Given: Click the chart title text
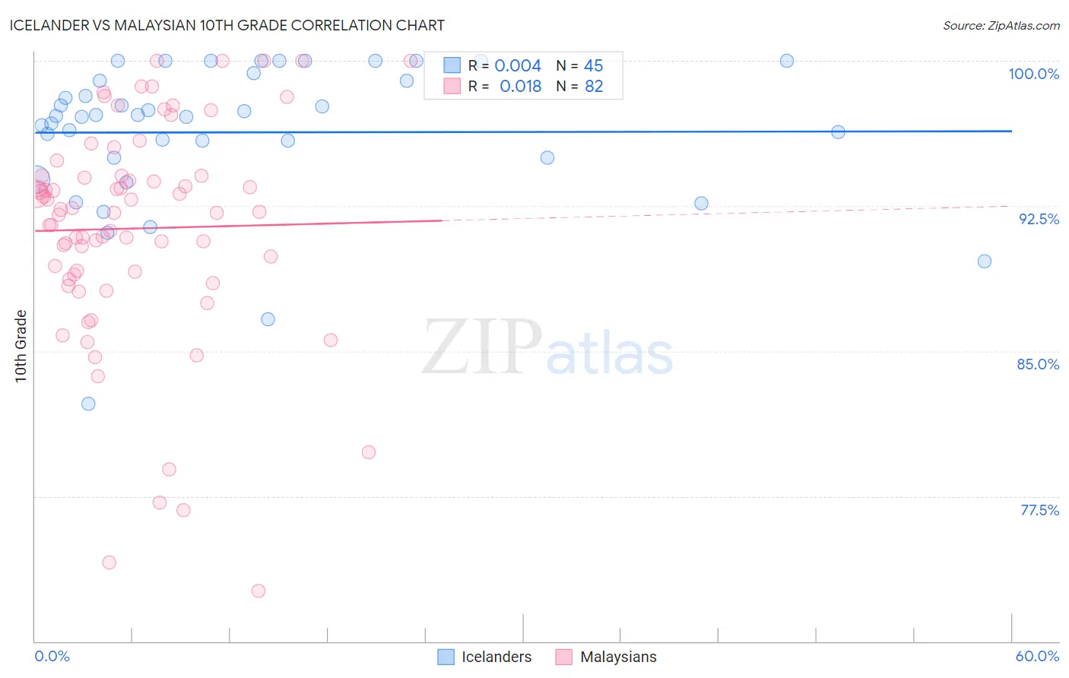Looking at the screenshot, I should pos(227,25).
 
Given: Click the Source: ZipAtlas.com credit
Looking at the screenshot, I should pos(1001,25).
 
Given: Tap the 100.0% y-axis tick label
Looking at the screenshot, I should pos(1033,74).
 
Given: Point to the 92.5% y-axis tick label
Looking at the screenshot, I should pos(1039,219).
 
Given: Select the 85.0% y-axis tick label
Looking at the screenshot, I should pos(1038,364).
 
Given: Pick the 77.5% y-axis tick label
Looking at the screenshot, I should pos(1039,510).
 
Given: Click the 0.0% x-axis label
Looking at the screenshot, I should pos(52,656).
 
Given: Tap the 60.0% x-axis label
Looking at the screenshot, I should pos(1037,656).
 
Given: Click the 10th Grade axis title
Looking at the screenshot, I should pos(21,346).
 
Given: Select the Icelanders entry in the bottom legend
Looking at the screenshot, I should pos(496,657).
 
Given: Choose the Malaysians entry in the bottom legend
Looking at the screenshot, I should pos(617,657).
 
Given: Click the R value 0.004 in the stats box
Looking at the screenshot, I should pos(518,66).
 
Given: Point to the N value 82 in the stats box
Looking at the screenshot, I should pos(593,87).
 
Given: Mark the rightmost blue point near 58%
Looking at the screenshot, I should pos(984,261).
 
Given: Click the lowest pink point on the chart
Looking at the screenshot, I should pos(259,591).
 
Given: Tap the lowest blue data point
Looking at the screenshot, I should pos(88,404).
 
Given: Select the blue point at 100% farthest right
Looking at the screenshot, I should pos(787,61).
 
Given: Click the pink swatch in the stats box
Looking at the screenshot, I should pos(452,87).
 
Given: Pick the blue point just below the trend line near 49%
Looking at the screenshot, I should pos(838,132).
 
